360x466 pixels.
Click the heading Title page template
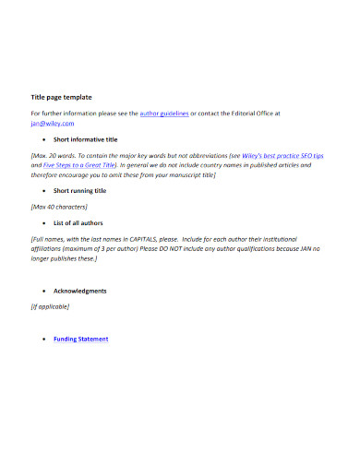[61, 96]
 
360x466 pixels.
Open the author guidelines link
[164, 114]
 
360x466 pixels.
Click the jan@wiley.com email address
[52, 123]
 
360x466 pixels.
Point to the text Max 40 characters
[60, 207]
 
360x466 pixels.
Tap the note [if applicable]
[51, 306]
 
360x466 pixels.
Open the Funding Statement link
[81, 339]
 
